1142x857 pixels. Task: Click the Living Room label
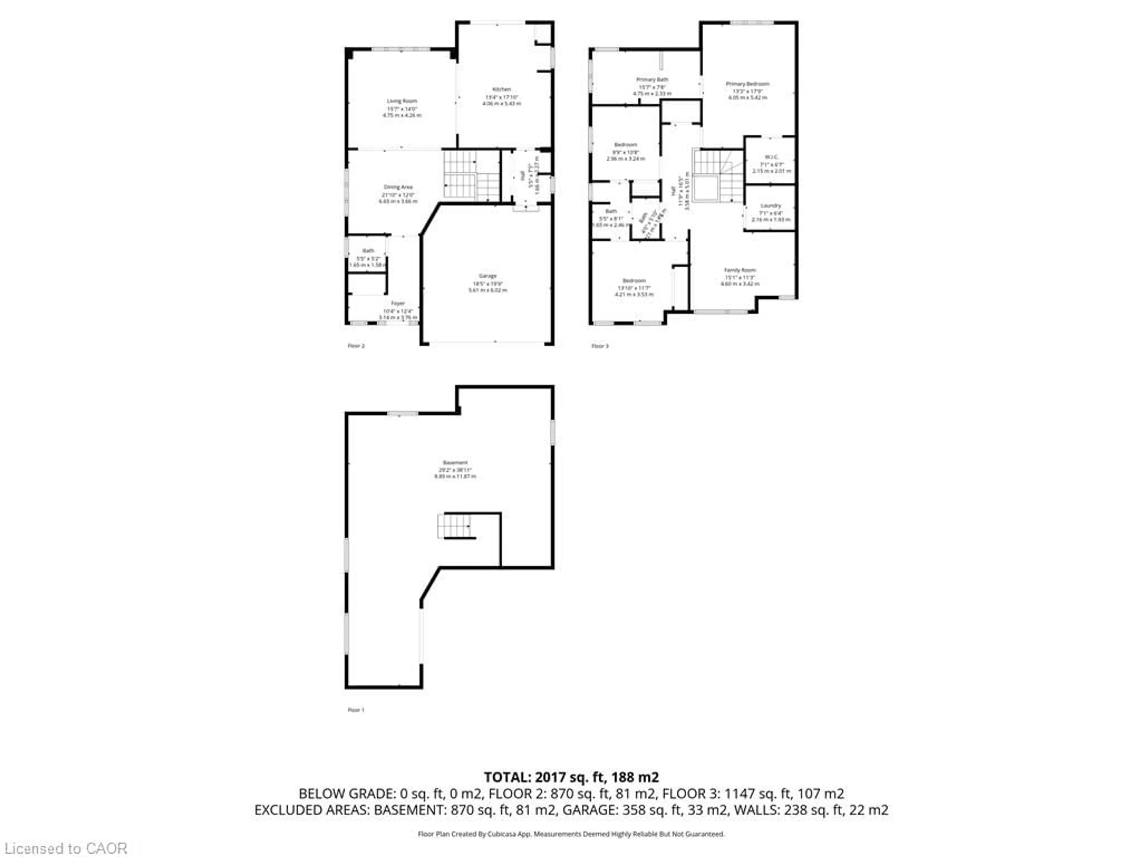(x=402, y=101)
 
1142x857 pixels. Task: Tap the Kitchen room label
(x=501, y=89)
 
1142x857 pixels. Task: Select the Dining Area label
(x=398, y=187)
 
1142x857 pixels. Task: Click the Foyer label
(x=398, y=303)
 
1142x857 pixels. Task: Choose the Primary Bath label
(x=652, y=79)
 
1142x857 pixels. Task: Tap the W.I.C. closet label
(x=771, y=157)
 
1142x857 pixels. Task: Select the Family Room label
(x=740, y=270)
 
